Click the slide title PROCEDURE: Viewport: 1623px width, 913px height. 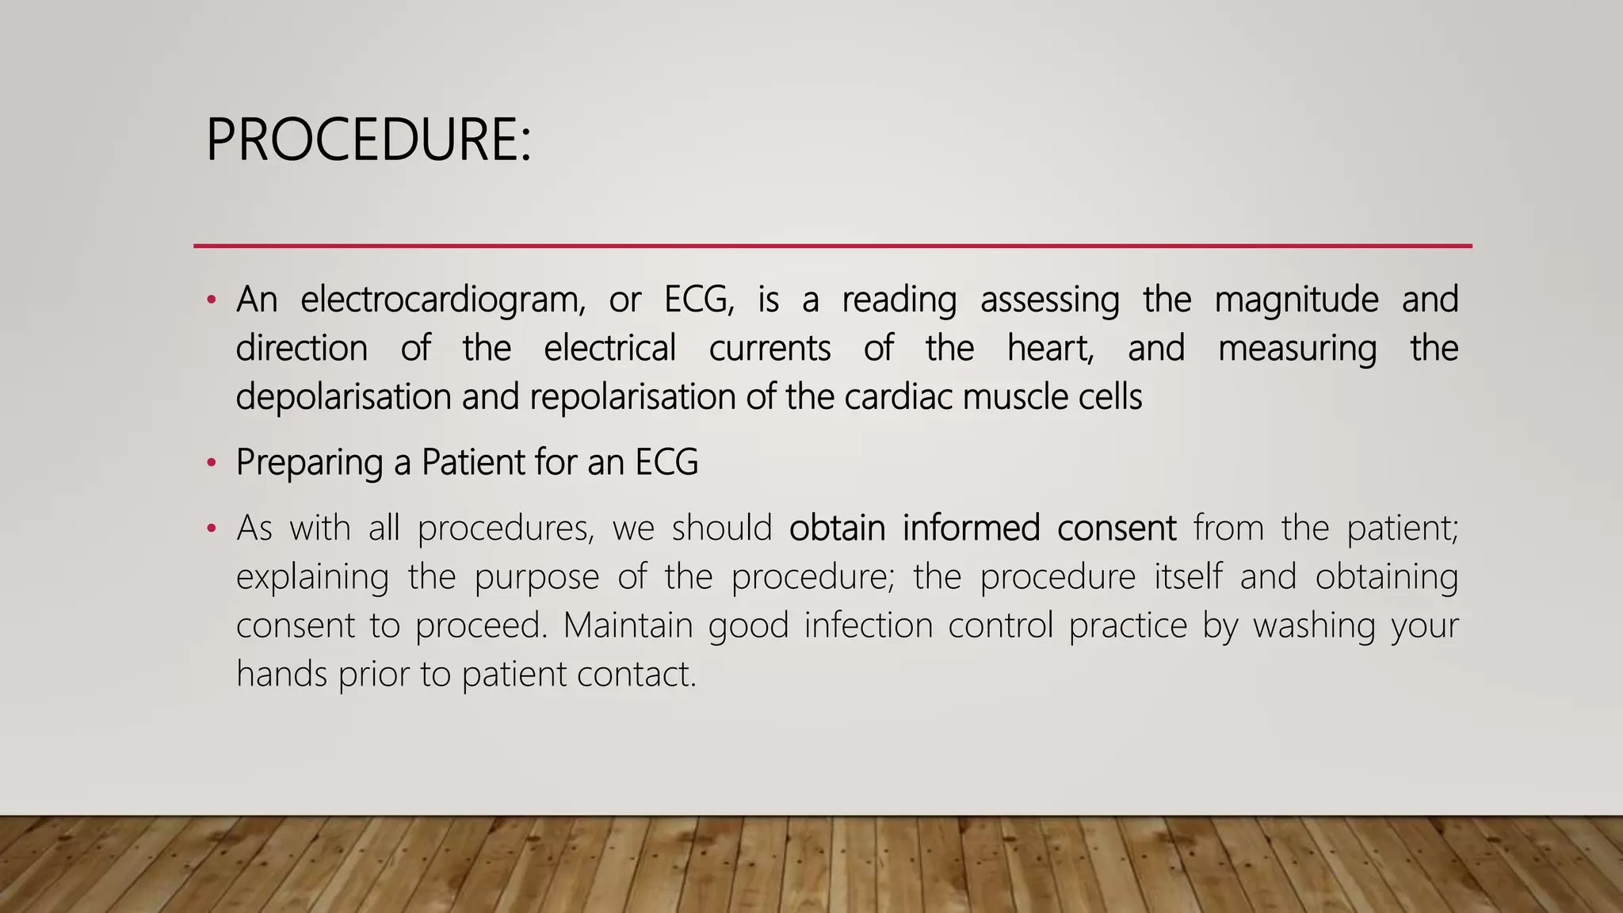[x=368, y=140]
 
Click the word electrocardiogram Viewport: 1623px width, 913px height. [x=442, y=300]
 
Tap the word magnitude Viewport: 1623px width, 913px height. [x=1296, y=300]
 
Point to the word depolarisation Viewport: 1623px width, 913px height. [x=343, y=397]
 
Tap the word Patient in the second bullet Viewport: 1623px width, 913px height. [x=472, y=462]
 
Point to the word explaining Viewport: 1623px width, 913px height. [x=312, y=578]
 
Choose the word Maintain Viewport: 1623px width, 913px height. [x=627, y=625]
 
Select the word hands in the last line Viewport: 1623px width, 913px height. [x=281, y=674]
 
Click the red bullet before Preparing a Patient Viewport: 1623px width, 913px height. [x=211, y=463]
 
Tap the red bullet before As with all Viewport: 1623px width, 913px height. [x=211, y=529]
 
